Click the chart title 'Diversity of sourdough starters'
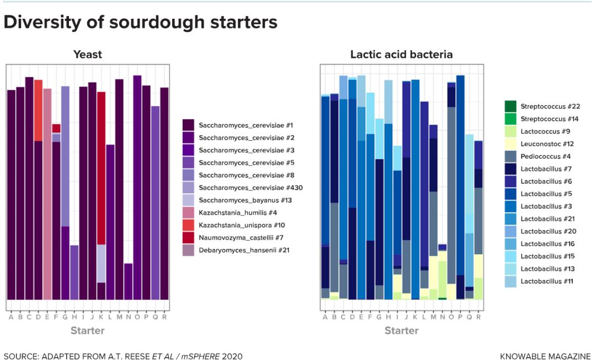click(x=140, y=23)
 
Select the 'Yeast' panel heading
click(x=88, y=54)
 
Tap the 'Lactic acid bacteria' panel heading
click(x=401, y=54)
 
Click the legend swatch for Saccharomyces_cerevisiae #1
click(x=188, y=125)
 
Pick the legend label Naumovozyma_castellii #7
click(x=241, y=237)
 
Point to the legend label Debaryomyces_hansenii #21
click(x=244, y=250)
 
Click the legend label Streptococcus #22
click(x=550, y=106)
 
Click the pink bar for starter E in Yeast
click(x=47, y=194)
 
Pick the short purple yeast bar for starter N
click(x=128, y=282)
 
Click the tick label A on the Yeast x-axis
click(x=11, y=316)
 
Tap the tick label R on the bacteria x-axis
click(x=478, y=316)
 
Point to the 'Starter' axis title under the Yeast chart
click(x=87, y=331)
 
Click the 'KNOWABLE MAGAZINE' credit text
click(x=545, y=356)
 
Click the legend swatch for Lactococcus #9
click(x=510, y=131)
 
